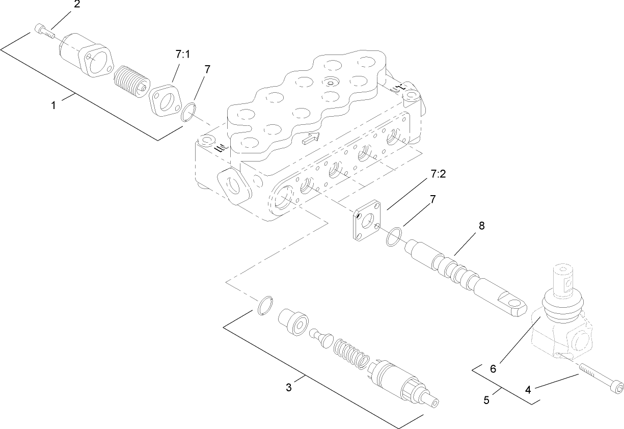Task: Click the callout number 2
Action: coord(76,5)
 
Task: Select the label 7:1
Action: coord(182,55)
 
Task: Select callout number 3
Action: coord(289,388)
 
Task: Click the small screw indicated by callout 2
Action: coord(44,31)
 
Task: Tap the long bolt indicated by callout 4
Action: coord(601,379)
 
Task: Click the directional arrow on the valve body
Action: coord(311,137)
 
